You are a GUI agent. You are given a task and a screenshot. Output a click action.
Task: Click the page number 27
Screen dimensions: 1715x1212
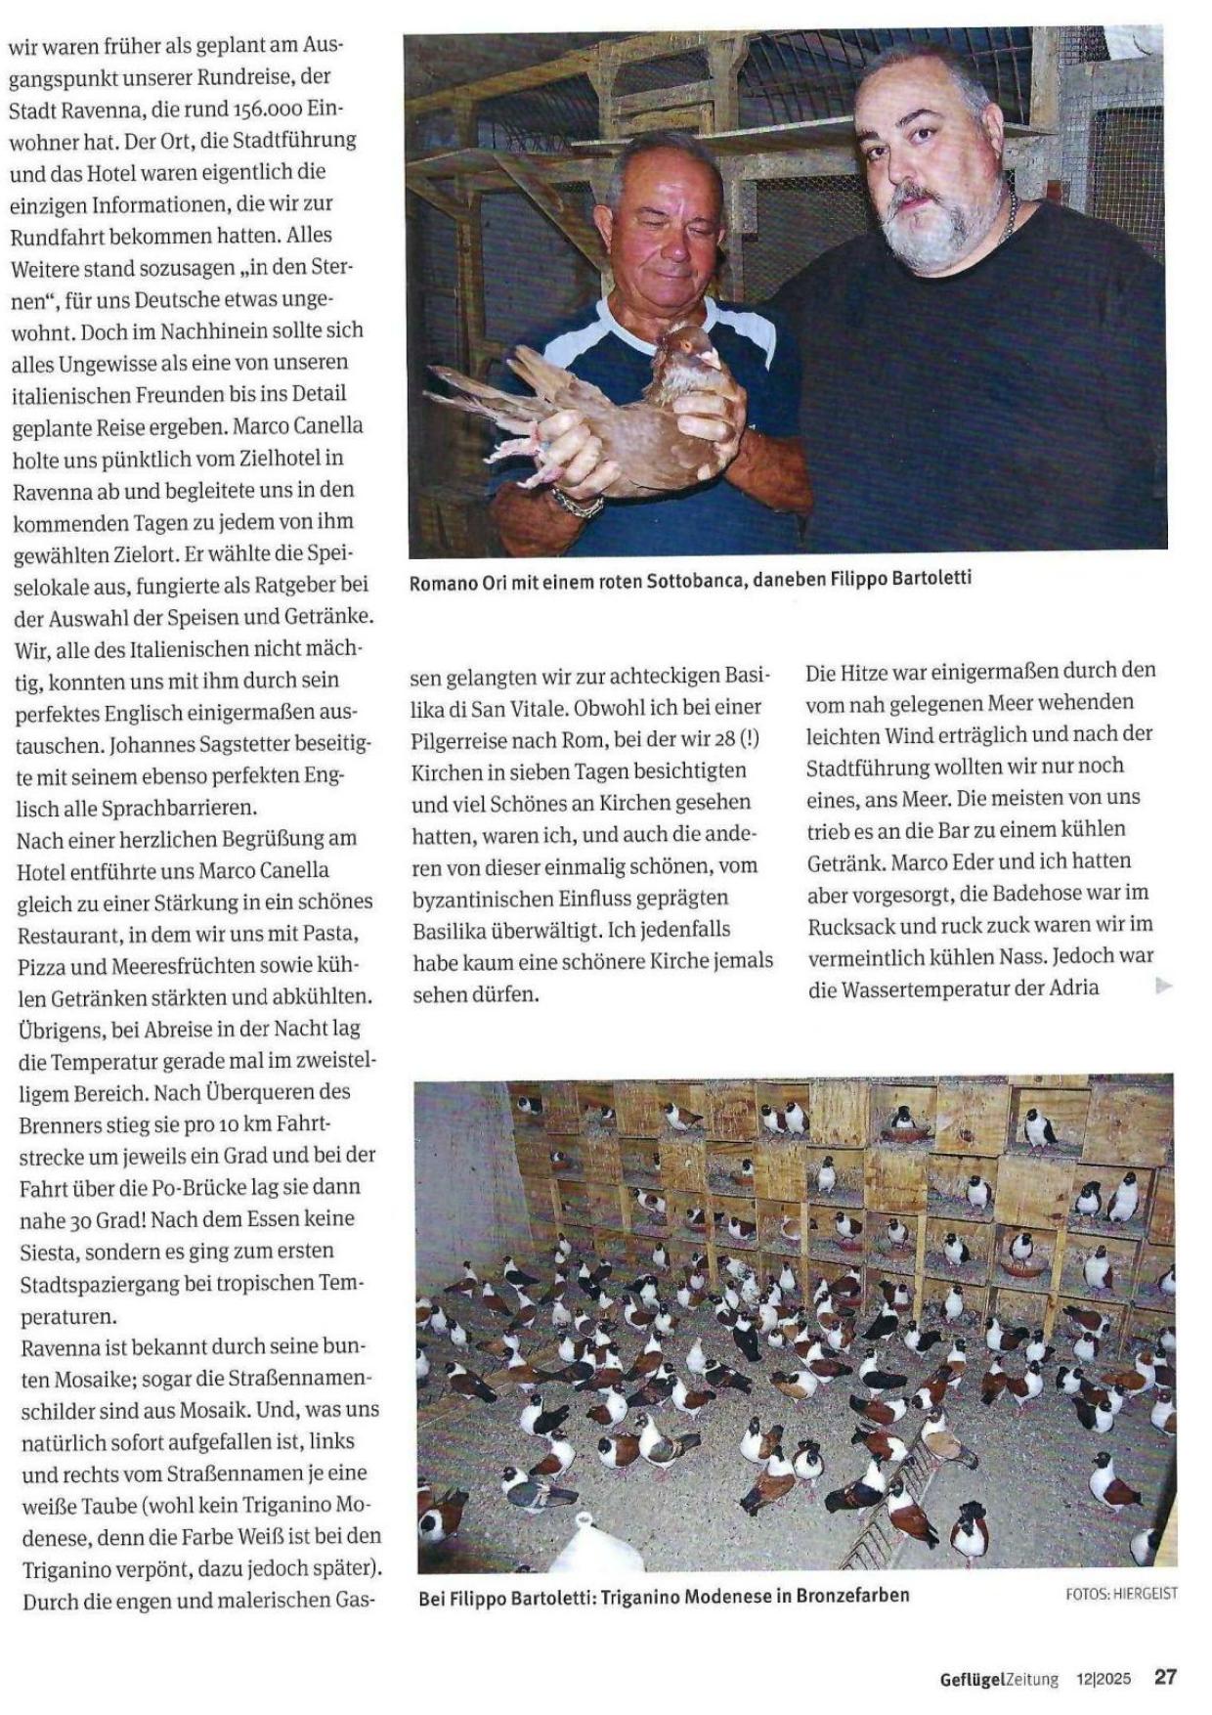click(x=1165, y=1676)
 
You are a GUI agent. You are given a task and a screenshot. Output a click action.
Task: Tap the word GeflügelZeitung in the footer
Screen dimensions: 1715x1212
click(x=999, y=1679)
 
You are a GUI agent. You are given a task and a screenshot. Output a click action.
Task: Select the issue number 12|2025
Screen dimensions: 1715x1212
click(x=1104, y=1679)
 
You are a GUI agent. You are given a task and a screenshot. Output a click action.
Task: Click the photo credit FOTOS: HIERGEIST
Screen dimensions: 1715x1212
click(x=1121, y=1594)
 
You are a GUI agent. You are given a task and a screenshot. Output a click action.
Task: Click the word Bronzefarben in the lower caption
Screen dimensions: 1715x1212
click(x=853, y=1596)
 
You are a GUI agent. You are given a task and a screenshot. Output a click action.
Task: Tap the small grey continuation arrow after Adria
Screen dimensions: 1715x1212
click(x=1163, y=986)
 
